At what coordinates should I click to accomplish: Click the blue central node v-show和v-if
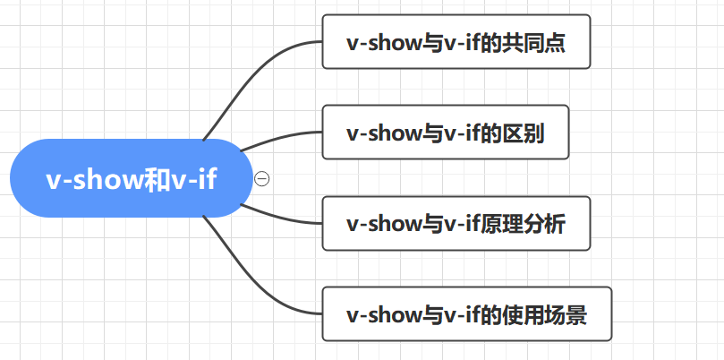click(131, 178)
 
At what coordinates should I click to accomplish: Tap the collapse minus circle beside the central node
click(261, 178)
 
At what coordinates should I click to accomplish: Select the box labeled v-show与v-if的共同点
click(456, 42)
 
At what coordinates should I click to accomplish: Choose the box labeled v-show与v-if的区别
click(445, 133)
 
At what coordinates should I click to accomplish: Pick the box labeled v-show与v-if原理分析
click(456, 223)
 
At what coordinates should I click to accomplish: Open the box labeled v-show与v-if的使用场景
click(466, 314)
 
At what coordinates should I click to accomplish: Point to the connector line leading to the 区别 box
click(277, 138)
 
